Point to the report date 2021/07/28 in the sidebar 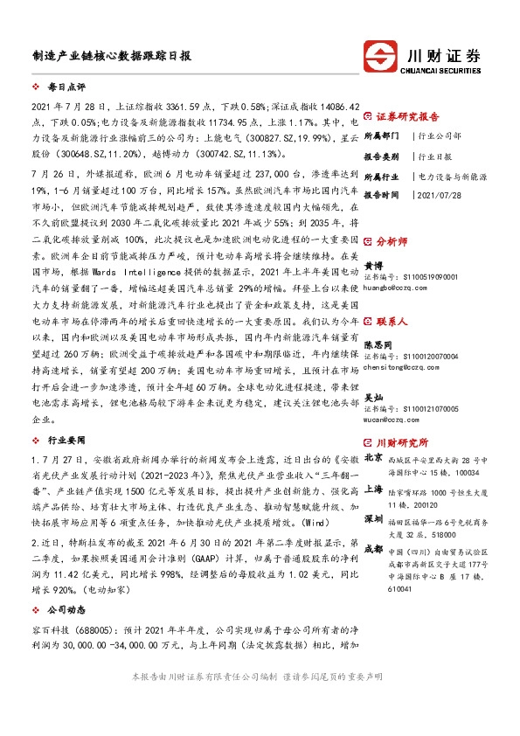(x=440, y=195)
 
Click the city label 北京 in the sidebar (x=372, y=456)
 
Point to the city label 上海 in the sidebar (x=372, y=490)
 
